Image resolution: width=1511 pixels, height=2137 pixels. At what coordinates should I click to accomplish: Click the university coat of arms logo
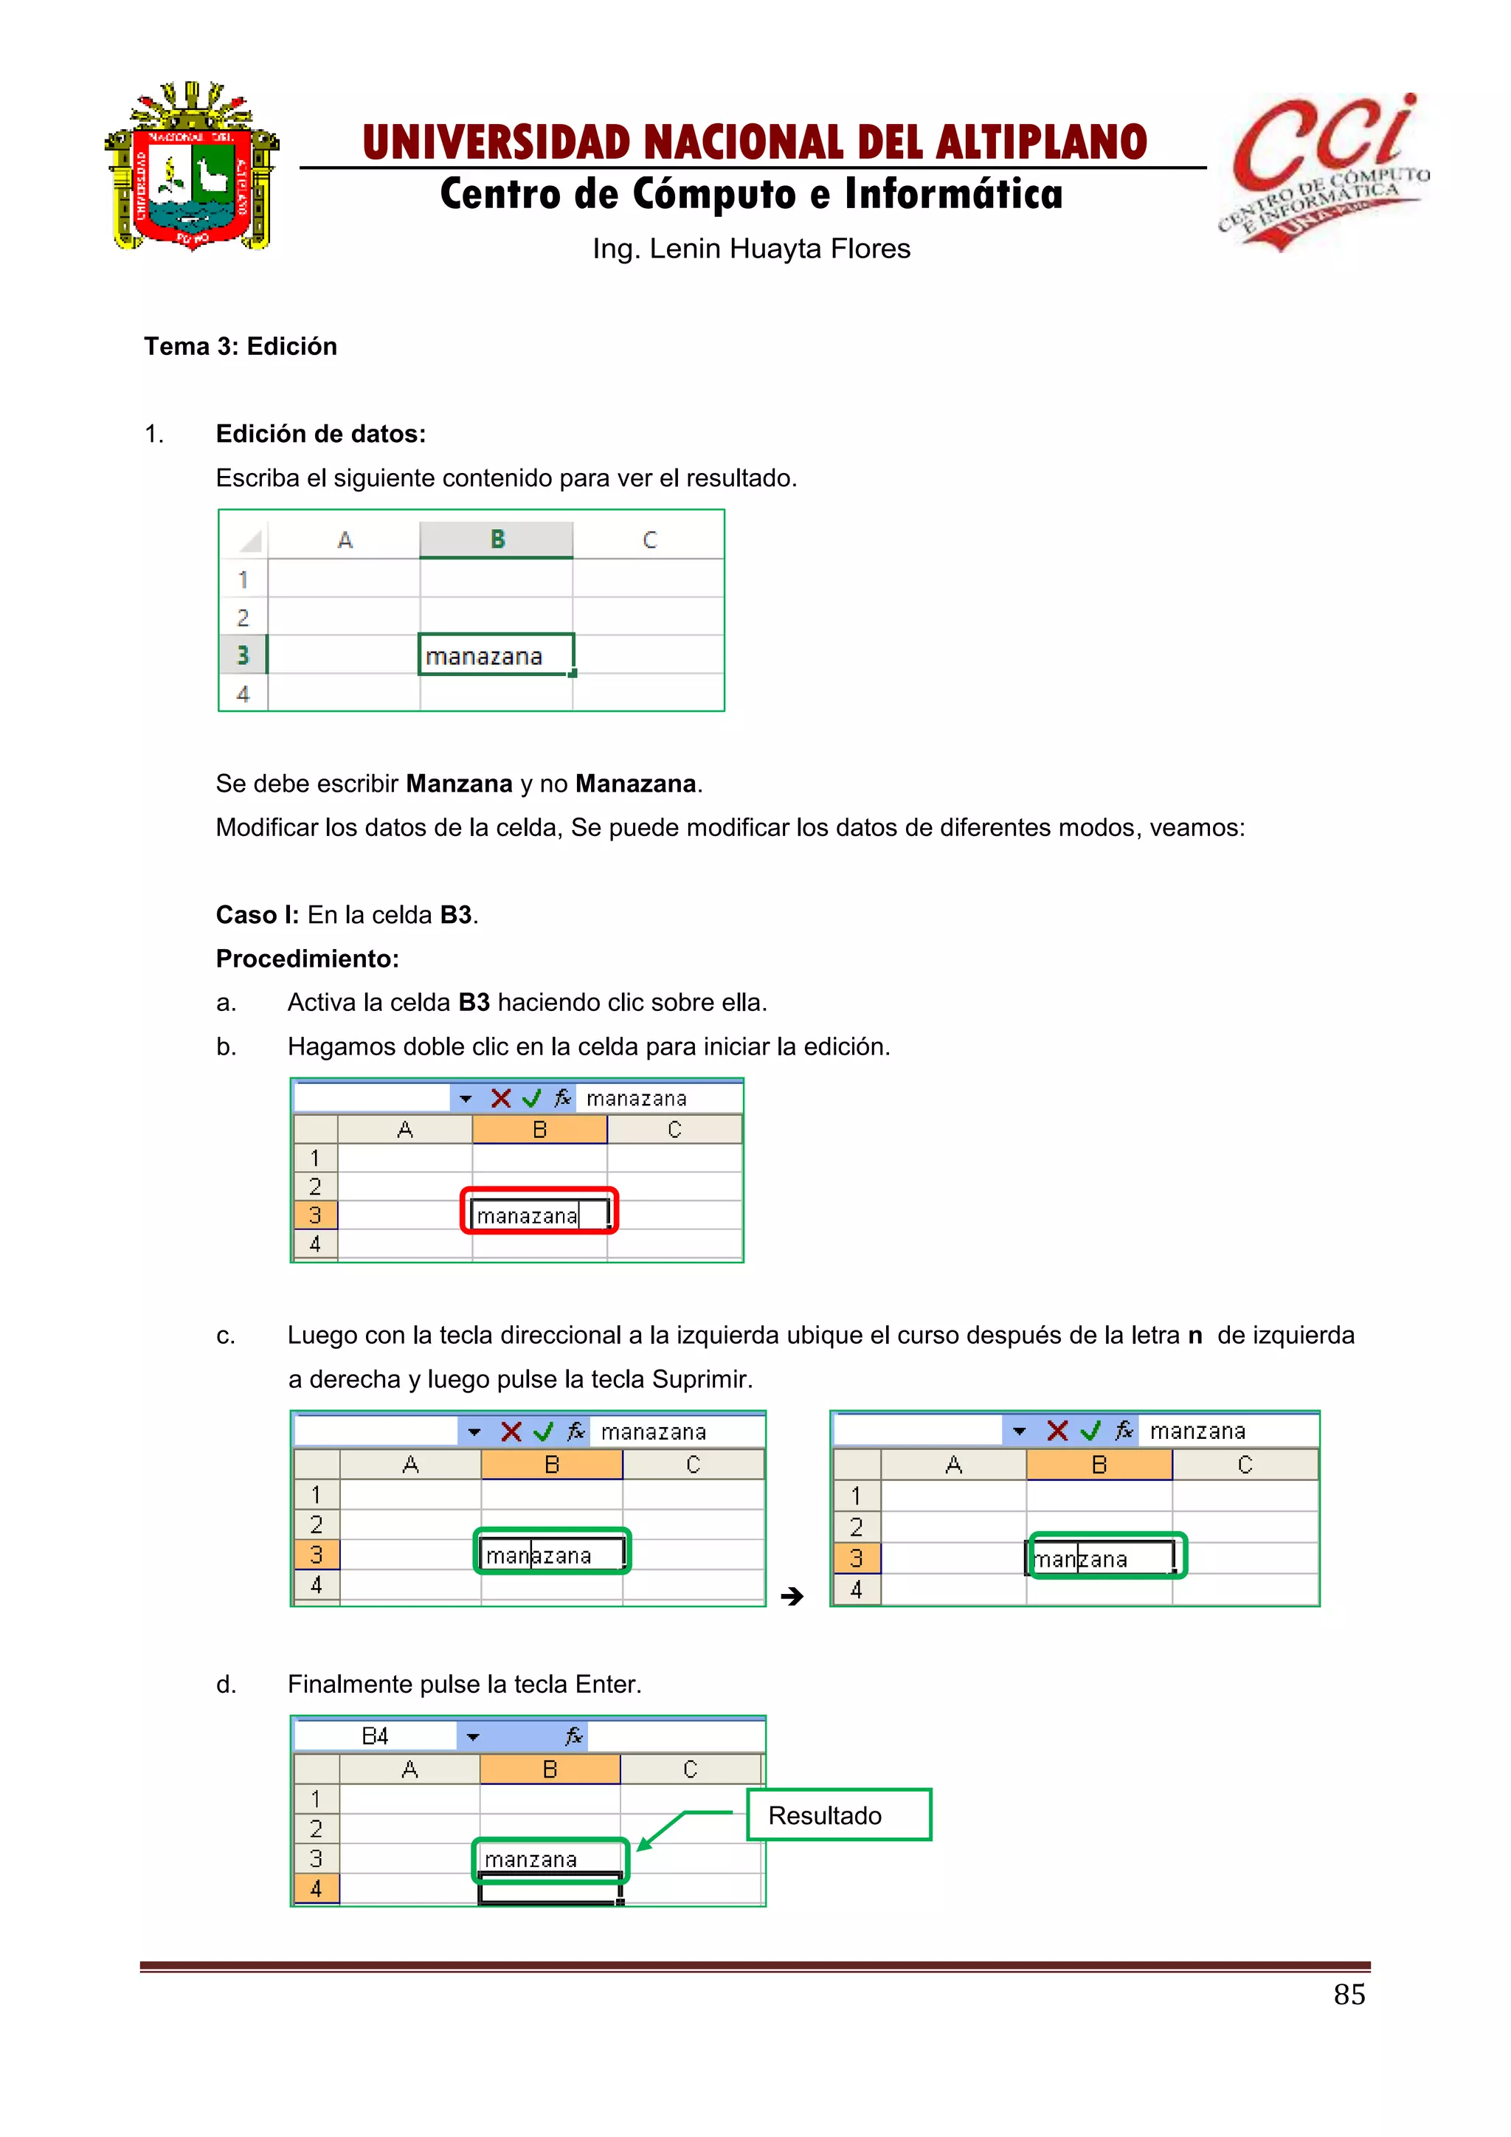tap(192, 168)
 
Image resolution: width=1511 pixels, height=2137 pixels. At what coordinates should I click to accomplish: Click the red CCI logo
tap(1321, 172)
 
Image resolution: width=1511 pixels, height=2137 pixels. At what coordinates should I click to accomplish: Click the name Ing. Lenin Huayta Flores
tap(751, 249)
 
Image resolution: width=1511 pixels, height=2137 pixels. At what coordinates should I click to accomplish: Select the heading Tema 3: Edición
tap(240, 346)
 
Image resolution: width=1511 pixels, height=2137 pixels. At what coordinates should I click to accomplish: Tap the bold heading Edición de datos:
tap(320, 434)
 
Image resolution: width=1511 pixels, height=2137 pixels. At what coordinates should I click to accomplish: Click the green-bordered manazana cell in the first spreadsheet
tap(495, 655)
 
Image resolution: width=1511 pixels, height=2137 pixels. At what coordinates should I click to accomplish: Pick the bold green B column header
tap(497, 540)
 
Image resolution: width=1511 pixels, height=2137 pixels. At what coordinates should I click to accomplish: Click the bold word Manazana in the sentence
tap(635, 784)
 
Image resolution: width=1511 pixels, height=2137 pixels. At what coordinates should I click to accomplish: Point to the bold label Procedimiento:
tap(307, 959)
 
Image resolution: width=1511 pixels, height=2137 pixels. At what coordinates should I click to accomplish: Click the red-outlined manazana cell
tap(539, 1214)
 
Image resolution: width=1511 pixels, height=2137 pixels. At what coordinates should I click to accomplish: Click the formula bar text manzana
tap(1197, 1431)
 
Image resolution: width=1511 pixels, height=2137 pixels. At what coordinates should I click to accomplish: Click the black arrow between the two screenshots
tap(792, 1597)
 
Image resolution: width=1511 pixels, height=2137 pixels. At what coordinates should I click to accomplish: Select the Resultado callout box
tap(838, 1815)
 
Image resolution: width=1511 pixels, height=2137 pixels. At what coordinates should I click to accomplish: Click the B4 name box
tap(375, 1736)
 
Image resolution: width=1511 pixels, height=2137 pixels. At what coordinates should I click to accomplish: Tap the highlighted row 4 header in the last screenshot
tap(317, 1889)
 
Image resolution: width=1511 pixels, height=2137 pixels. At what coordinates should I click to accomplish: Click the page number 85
tap(1349, 1995)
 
